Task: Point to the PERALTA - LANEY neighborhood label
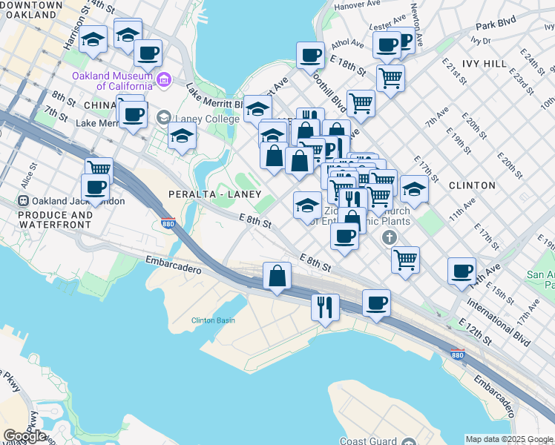tap(214, 194)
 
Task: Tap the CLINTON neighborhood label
tap(473, 185)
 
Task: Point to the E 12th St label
tap(475, 331)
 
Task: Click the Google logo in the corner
tap(24, 435)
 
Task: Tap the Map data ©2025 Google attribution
tap(509, 439)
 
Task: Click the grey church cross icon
tap(388, 238)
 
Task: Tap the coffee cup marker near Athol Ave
tap(310, 54)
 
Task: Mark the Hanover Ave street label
tap(360, 6)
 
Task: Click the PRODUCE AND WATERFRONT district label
tap(46, 220)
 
